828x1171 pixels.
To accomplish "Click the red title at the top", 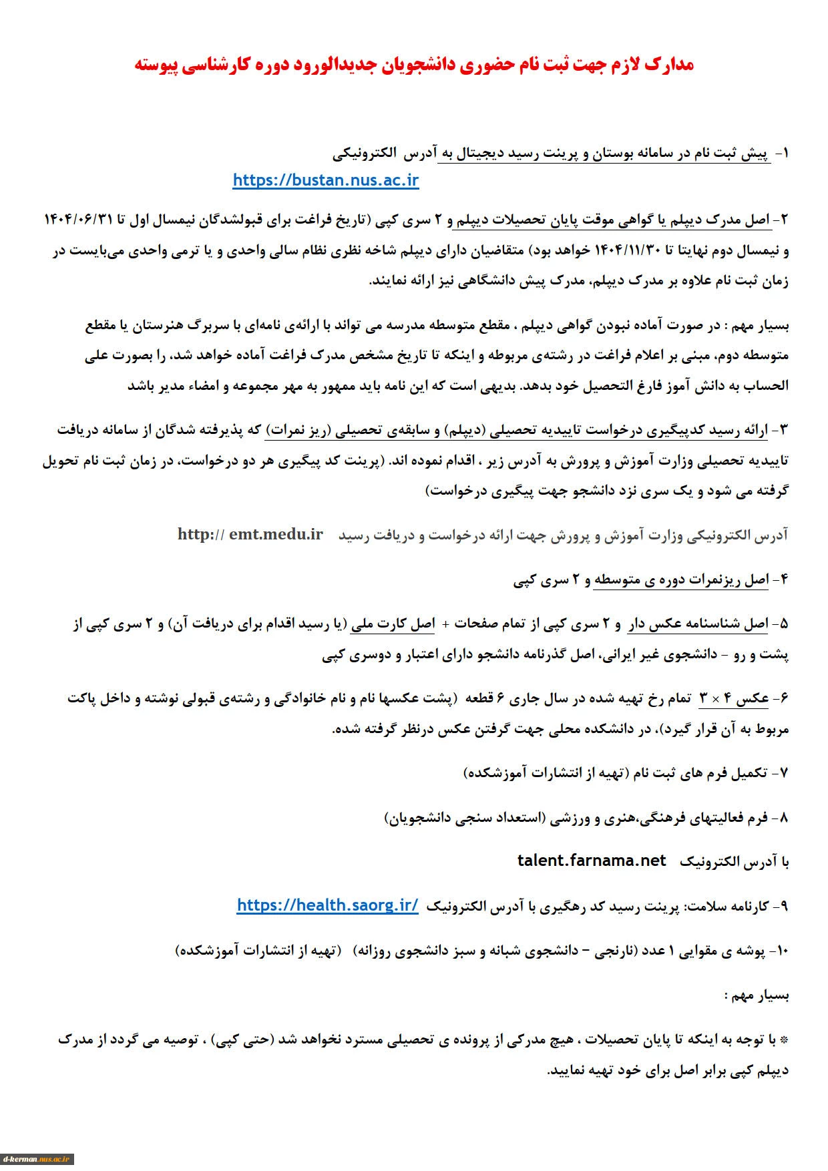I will coord(414,65).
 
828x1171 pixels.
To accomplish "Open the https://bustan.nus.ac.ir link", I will coord(326,180).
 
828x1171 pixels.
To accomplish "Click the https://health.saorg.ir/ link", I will coord(327,905).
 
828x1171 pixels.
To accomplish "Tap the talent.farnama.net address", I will coord(592,861).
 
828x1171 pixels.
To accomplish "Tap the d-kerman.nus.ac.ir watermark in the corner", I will coord(37,1159).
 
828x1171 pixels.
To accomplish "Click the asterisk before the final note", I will coord(784,1040).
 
